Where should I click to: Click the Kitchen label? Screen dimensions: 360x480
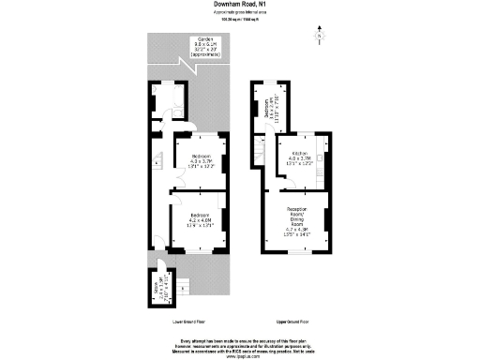pyautogui.click(x=301, y=157)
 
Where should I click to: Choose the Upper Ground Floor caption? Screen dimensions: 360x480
pyautogui.click(x=294, y=322)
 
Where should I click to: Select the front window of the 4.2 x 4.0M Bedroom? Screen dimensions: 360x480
pyautogui.click(x=199, y=252)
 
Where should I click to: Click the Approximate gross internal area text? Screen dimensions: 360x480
pyautogui.click(x=240, y=13)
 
